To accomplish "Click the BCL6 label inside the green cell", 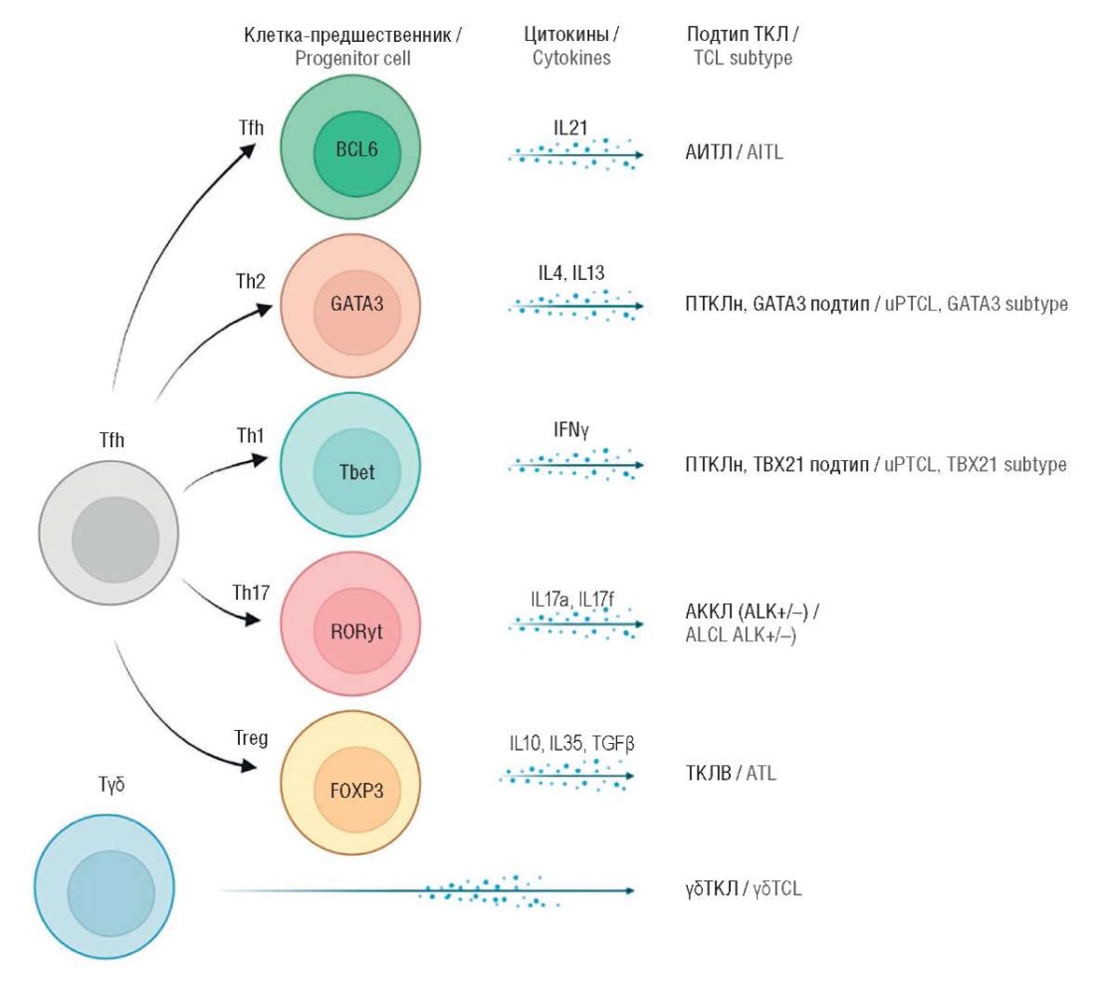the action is pos(356,149).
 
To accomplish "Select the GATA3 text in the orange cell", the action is pos(356,304).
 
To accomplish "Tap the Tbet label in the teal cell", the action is pos(356,472).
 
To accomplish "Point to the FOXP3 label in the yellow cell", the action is pos(356,791).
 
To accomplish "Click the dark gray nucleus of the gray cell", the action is pos(115,540).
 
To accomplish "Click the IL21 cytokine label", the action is pos(570,127).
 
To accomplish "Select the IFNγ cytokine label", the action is pos(571,429).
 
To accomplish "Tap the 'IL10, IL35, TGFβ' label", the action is pos(571,743).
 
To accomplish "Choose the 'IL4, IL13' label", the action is pos(571,273).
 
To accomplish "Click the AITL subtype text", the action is pos(765,151).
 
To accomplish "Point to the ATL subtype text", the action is pos(762,774).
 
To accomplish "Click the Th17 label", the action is pos(251,593).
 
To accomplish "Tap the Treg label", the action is pos(251,739).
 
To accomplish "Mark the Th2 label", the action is pos(251,281).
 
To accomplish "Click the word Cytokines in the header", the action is pos(571,58).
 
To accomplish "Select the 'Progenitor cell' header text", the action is pos(352,58).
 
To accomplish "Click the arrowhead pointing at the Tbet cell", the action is pos(260,459).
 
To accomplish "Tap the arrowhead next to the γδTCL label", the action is pos(630,890).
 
